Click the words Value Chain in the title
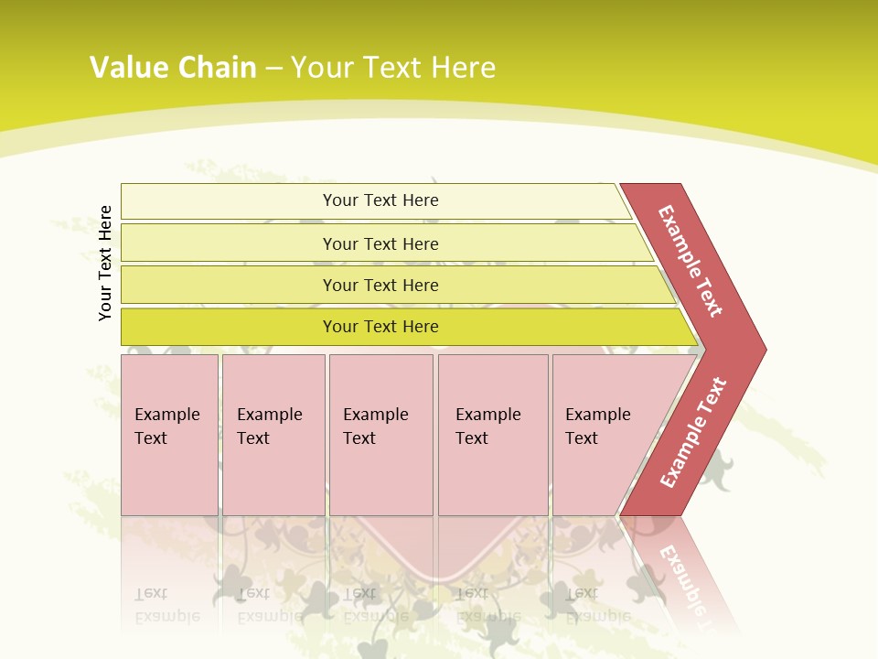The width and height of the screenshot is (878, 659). pos(173,67)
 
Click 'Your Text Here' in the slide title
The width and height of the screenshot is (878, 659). pos(393,67)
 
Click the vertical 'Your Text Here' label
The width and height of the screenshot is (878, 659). pos(105,264)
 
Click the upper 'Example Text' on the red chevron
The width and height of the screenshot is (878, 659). pos(691,261)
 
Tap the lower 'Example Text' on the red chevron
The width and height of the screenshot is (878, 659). pos(692,433)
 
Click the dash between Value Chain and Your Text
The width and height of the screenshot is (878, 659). pos(273,68)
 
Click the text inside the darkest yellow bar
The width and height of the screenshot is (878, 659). pos(380,327)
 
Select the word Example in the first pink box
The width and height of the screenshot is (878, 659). pos(166,415)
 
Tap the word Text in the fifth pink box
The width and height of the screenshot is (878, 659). pos(582,438)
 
